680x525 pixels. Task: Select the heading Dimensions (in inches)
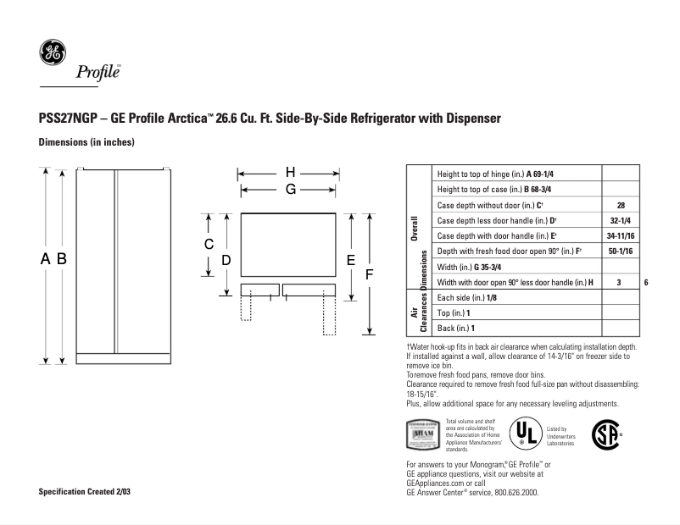[x=87, y=142]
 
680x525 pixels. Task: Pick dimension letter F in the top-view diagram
[x=370, y=274]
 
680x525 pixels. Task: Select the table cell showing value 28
[x=620, y=205]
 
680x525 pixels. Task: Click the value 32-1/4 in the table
[x=620, y=220]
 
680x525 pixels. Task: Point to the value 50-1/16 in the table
[x=620, y=251]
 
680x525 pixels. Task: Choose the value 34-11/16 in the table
[x=620, y=236]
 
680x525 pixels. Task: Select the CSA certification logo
[x=604, y=434]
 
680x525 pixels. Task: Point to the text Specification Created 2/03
[x=86, y=492]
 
